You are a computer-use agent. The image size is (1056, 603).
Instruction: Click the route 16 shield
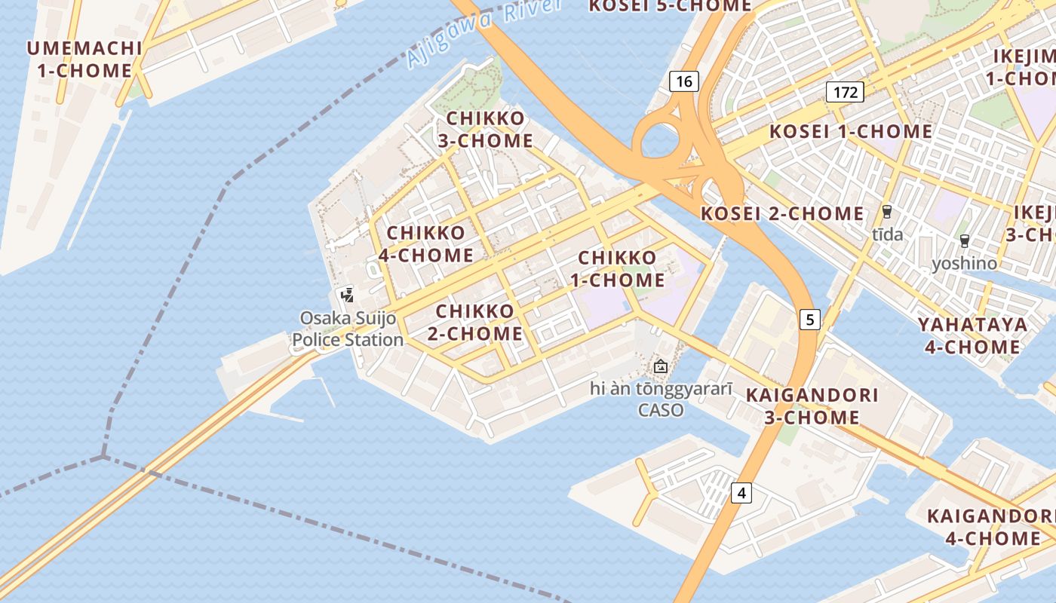pos(683,81)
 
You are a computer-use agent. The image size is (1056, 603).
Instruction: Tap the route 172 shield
pos(845,92)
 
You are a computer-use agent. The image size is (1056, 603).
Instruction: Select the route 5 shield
pos(810,320)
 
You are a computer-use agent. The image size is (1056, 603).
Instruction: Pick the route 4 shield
pos(741,493)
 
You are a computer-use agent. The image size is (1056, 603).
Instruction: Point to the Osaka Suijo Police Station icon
pos(347,295)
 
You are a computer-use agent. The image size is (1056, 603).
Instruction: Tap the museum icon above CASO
pos(661,367)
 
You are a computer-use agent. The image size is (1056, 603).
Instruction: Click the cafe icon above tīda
pos(887,212)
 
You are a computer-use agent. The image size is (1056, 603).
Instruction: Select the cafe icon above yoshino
pos(964,241)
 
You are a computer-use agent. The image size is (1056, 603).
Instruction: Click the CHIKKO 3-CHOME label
pos(485,130)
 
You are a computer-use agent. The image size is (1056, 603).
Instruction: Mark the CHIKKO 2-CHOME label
pos(475,322)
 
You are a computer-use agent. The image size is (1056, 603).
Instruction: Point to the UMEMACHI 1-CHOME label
pos(84,60)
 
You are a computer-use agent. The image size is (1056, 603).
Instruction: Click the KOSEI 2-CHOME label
pos(782,214)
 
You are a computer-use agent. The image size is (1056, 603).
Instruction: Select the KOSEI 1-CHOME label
pos(850,131)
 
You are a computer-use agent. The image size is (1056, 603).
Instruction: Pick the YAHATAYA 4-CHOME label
pos(972,335)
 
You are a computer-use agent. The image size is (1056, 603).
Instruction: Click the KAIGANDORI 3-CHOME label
pos(812,406)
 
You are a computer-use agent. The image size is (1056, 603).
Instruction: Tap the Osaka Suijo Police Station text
pos(348,329)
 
